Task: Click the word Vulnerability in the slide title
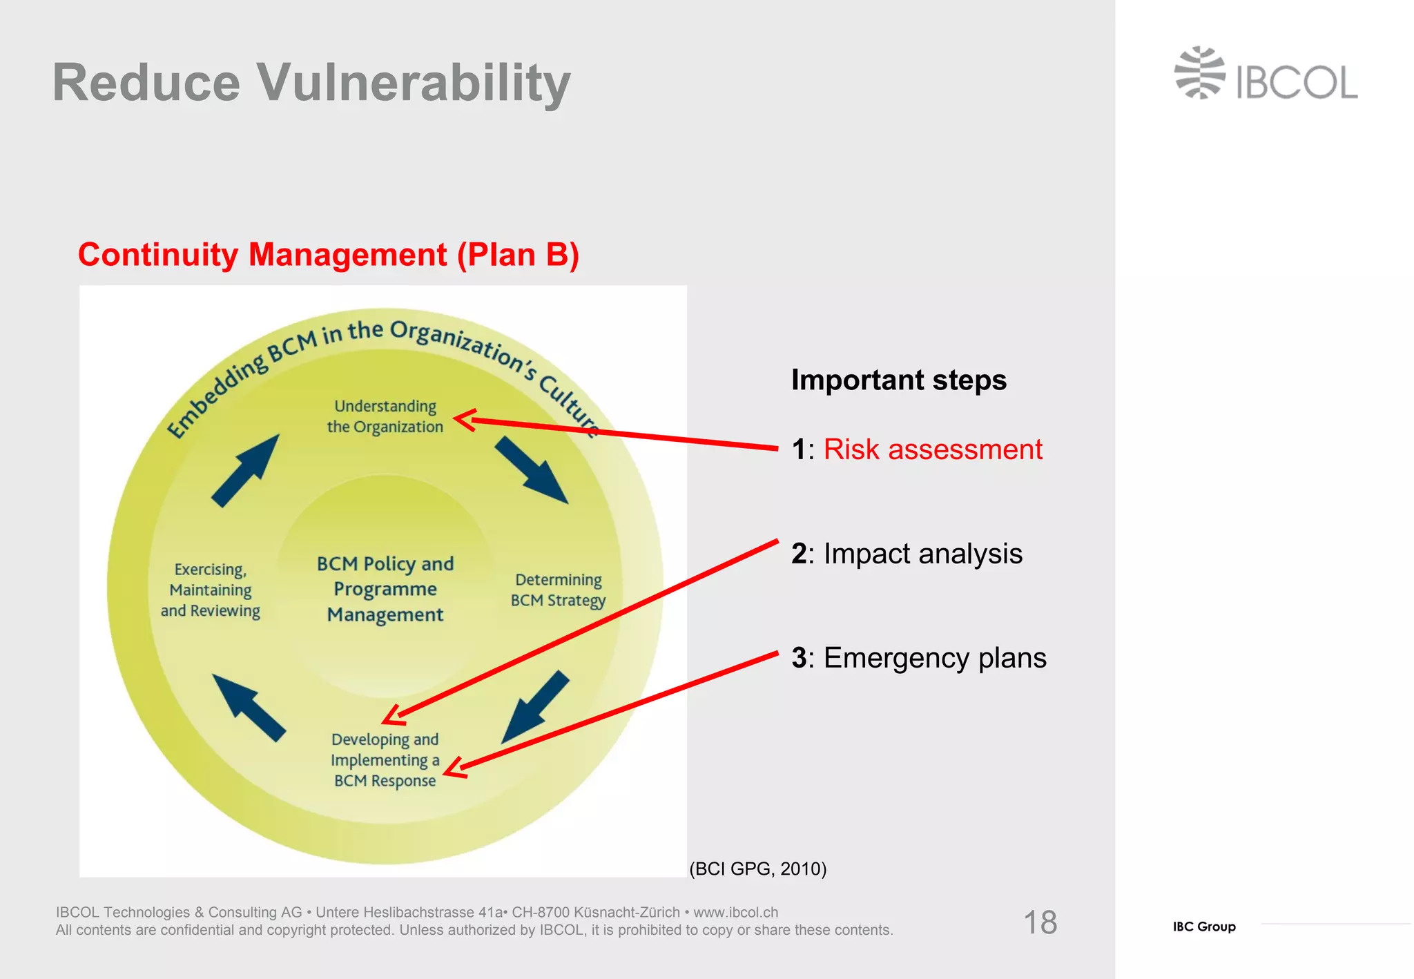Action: [414, 83]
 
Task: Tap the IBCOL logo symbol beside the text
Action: [1199, 73]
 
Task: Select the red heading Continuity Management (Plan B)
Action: [328, 255]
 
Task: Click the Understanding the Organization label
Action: [385, 416]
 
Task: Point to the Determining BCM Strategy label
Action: [558, 590]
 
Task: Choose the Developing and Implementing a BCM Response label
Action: [385, 760]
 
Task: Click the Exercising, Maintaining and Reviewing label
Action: [211, 590]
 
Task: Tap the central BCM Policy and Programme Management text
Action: [385, 589]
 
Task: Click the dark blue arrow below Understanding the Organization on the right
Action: [532, 470]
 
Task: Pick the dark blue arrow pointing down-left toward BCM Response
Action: [534, 707]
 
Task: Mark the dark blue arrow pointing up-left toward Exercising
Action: [249, 707]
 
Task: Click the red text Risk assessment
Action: [932, 449]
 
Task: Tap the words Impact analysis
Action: [922, 554]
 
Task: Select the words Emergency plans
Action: [935, 658]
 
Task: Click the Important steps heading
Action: [898, 380]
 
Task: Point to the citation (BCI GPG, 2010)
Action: [757, 869]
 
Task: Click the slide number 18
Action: [1040, 922]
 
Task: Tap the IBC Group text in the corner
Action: [1203, 927]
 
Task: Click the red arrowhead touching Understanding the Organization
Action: [464, 420]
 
